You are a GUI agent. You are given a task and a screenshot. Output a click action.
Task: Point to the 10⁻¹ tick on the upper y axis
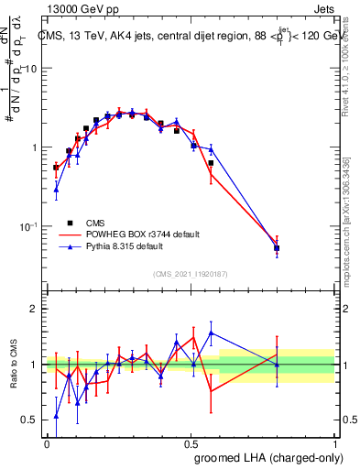click(x=27, y=226)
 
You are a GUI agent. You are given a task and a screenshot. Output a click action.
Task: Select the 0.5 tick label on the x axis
click(x=191, y=442)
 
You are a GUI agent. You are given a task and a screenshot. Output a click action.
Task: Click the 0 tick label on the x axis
click(x=47, y=442)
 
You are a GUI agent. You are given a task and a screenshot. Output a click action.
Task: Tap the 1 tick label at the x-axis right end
click(x=334, y=442)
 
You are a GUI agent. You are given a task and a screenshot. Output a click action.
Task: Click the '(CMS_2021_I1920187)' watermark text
click(x=191, y=272)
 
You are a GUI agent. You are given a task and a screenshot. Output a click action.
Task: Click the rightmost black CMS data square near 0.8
click(x=277, y=248)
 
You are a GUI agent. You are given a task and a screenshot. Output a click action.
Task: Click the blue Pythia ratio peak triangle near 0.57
click(x=212, y=333)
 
